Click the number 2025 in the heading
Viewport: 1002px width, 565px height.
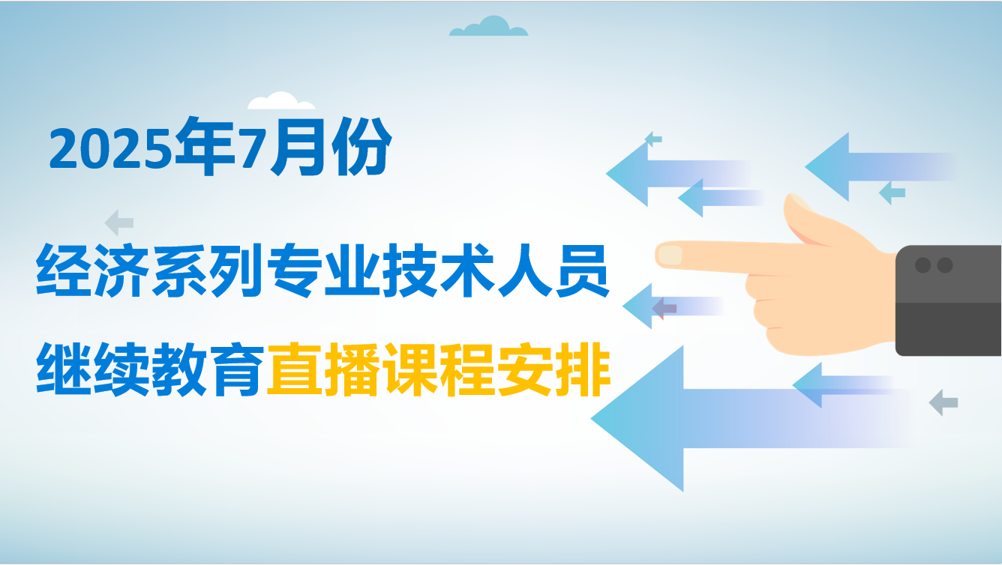click(110, 148)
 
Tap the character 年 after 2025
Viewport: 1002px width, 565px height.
click(205, 145)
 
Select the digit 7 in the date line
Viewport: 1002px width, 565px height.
click(251, 148)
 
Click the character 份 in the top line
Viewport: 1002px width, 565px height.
click(362, 145)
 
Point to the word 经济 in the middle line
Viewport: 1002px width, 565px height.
click(92, 271)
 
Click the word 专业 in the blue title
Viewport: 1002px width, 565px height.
click(325, 271)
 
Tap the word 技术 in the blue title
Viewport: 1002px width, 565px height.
click(439, 271)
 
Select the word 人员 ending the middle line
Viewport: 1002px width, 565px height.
click(553, 271)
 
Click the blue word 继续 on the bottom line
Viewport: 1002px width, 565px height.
click(92, 369)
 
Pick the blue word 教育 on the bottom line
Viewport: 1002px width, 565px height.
click(208, 369)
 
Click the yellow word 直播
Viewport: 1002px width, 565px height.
click(323, 369)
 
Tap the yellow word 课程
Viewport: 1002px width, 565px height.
click(439, 369)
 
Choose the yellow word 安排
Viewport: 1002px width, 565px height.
click(553, 369)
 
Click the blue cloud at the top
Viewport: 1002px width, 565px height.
click(488, 26)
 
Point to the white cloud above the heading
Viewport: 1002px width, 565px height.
click(281, 101)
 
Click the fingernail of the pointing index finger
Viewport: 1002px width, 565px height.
click(670, 255)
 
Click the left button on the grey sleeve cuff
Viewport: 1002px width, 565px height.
click(922, 265)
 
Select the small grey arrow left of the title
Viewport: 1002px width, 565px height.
click(119, 222)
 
